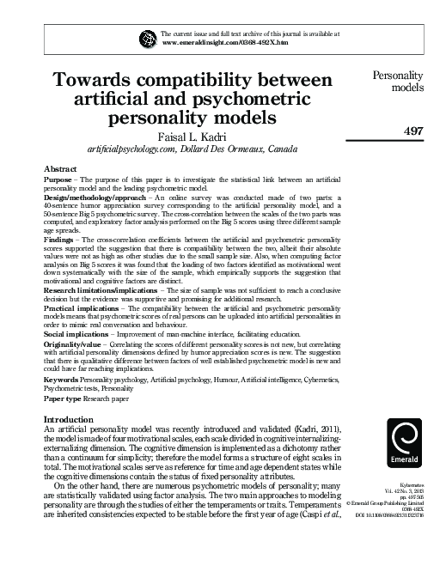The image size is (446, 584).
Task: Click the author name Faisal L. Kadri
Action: tap(193, 135)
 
